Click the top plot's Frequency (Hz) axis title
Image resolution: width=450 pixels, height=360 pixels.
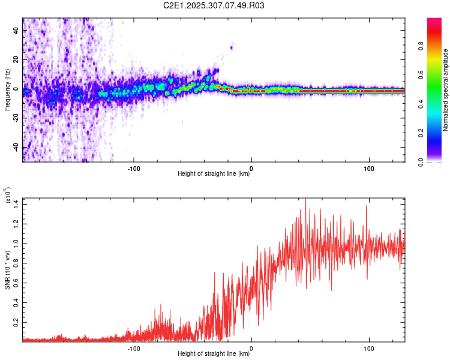coord(8,90)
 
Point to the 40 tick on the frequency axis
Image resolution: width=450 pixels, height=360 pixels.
coord(17,31)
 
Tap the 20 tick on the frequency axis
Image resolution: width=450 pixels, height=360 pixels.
coord(17,60)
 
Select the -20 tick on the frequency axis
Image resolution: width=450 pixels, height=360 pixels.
coord(16,118)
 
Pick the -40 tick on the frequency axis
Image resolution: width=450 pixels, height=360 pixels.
coord(16,148)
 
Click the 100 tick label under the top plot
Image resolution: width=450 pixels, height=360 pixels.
coord(369,167)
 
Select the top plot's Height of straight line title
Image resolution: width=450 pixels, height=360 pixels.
coord(214,174)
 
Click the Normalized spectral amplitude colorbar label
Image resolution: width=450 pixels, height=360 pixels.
coord(446,90)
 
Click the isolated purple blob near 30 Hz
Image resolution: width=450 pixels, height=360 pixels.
coord(232,47)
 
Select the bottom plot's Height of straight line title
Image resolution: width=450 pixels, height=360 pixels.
coord(214,354)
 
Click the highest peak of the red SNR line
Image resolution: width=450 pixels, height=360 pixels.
coord(306,200)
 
